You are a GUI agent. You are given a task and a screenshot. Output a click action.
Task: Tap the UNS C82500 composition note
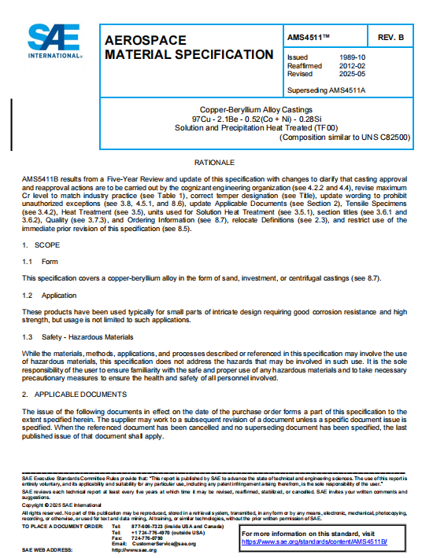[x=342, y=138]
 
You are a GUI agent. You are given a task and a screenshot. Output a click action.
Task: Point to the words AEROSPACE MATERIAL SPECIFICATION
[x=189, y=47]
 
